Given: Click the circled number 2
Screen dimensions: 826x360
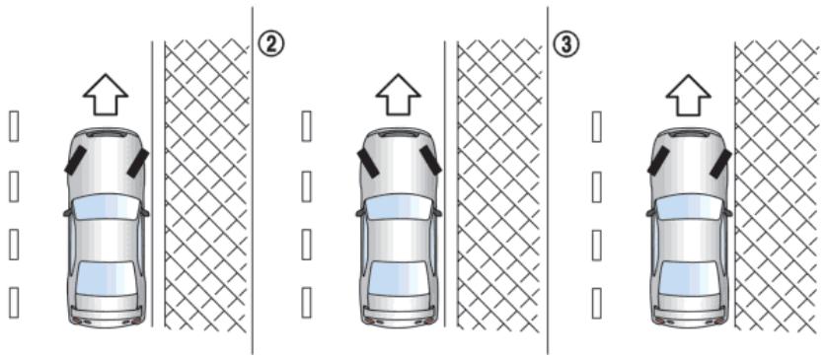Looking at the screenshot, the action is coord(270,44).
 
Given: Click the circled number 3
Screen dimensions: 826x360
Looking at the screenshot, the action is coord(565,44).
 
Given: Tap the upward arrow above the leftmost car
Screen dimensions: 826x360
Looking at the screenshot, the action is coord(106,95).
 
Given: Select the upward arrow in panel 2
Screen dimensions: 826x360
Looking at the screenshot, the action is coord(399,95).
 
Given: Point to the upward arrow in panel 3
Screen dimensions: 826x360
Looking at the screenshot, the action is coord(689,95).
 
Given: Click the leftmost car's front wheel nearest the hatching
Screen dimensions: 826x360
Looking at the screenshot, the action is coord(138,163).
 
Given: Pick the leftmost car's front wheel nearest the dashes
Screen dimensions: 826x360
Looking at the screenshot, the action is coord(75,160).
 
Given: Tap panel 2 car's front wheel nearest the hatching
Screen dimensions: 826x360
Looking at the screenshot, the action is coord(430,160).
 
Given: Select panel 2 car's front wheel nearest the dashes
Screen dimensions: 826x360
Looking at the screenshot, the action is coord(368,163).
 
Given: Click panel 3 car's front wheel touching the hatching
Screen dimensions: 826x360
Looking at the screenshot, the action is coord(720,163).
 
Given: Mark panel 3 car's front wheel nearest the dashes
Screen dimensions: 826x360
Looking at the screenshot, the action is coord(658,161).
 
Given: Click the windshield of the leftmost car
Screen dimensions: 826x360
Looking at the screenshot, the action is coord(106,207).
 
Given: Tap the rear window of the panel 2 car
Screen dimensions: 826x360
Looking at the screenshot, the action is coord(399,278).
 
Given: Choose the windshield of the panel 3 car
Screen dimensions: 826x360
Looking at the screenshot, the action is coord(689,207).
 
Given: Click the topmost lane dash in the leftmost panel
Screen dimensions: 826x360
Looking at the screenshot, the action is coord(14,126).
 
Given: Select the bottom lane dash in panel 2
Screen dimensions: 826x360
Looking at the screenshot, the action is coord(307,302).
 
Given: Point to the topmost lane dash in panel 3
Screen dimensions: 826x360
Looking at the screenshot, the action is coord(597,126).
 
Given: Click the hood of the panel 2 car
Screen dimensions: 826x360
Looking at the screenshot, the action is coord(399,163).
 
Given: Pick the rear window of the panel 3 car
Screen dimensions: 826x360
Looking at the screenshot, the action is coord(689,278).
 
